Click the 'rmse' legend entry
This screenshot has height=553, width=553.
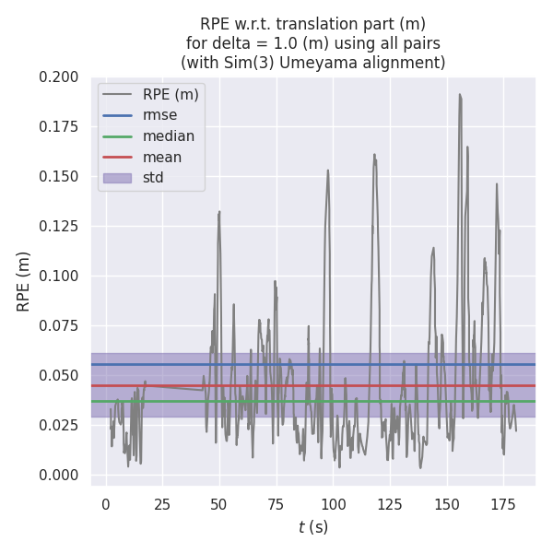(x=159, y=115)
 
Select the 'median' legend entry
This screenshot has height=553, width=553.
(x=168, y=136)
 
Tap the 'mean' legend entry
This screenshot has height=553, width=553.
(x=162, y=157)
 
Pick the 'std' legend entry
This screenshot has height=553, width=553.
(x=153, y=177)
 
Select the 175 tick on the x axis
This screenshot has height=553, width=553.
(x=504, y=504)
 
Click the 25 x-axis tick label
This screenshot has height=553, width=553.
(x=162, y=504)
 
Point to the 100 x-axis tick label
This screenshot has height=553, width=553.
(x=334, y=504)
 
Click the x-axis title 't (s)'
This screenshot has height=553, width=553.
(x=312, y=527)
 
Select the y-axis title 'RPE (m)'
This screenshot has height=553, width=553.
(x=24, y=280)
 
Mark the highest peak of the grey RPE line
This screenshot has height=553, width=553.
(x=460, y=94)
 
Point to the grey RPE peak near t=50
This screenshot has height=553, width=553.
(x=219, y=213)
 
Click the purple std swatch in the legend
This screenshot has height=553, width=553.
(x=117, y=177)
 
